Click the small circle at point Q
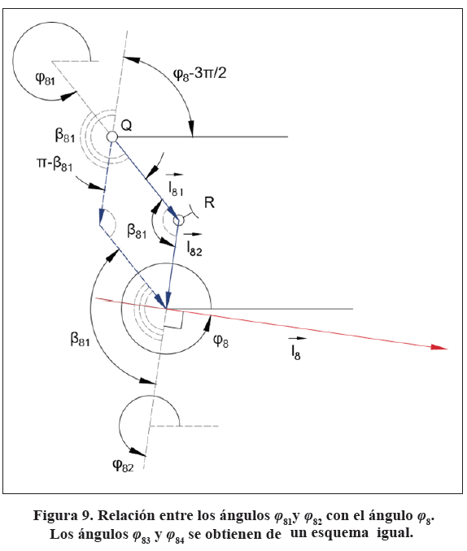pyautogui.click(x=112, y=137)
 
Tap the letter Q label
pyautogui.click(x=126, y=125)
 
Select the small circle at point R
pyautogui.click(x=178, y=221)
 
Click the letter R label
pyautogui.click(x=209, y=202)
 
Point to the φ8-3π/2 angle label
pyautogui.click(x=199, y=74)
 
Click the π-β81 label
pyautogui.click(x=55, y=163)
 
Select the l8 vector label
pyautogui.click(x=296, y=349)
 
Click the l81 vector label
pyautogui.click(x=176, y=184)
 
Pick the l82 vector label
pyautogui.click(x=194, y=245)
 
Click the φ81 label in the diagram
pyautogui.click(x=45, y=78)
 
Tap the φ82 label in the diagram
pyautogui.click(x=123, y=466)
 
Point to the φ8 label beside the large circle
pyautogui.click(x=220, y=341)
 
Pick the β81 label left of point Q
pyautogui.click(x=65, y=136)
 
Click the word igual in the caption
pyautogui.click(x=395, y=533)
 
